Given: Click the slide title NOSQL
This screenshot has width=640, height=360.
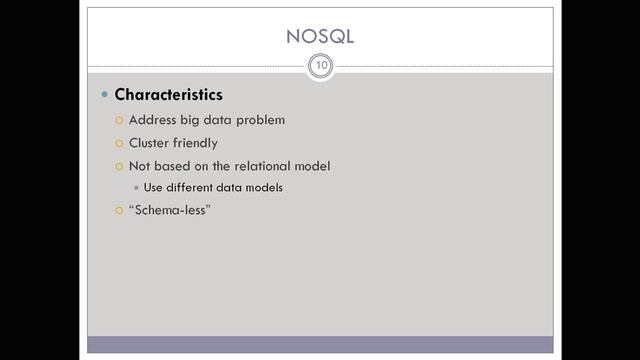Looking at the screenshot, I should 319,37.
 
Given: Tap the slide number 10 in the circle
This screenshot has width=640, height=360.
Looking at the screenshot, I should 320,66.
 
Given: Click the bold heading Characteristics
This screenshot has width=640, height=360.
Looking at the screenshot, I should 168,95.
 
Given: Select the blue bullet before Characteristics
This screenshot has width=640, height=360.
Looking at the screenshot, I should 104,95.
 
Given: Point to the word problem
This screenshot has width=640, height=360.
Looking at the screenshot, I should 260,120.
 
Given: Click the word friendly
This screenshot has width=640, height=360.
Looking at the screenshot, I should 197,143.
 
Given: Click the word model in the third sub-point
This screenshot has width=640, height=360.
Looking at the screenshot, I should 311,166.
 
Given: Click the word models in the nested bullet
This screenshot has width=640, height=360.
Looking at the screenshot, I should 263,187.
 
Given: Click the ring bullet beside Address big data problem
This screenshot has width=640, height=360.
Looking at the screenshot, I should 118,120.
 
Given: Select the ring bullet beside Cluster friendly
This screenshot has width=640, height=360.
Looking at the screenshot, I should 118,143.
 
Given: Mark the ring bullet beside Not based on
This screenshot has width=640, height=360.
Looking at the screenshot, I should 118,166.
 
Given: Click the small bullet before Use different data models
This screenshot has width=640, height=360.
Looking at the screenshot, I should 135,187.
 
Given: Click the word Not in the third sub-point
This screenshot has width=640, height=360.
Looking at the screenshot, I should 140,166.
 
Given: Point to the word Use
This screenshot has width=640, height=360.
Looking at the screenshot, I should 154,187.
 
